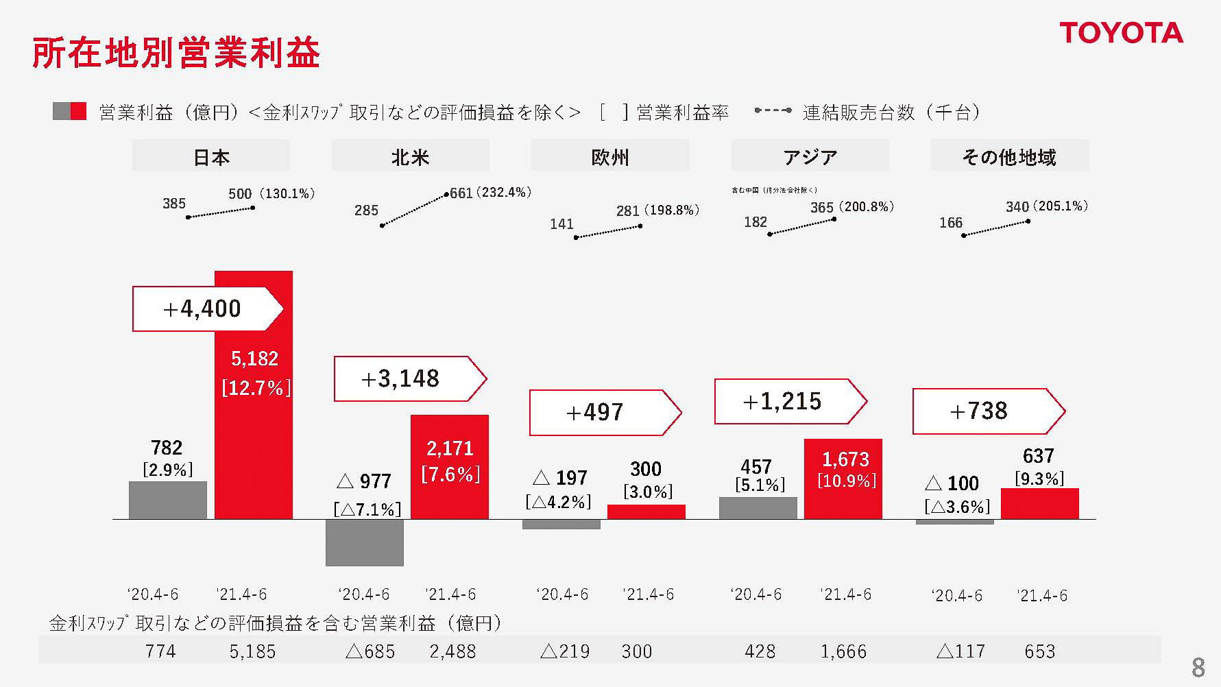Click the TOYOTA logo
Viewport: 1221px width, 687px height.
1121,33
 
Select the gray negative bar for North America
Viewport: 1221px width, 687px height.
364,542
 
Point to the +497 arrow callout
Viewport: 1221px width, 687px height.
604,412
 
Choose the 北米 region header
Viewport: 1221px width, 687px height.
410,157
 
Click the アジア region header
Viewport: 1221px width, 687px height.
810,157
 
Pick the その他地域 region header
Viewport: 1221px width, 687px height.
1008,157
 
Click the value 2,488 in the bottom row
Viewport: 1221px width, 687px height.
452,651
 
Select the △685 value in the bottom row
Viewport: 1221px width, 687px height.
371,651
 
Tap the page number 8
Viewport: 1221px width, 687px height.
1198,667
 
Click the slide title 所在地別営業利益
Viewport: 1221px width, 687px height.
176,53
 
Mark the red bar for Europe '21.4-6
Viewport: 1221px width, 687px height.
646,511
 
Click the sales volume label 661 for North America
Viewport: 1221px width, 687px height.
461,193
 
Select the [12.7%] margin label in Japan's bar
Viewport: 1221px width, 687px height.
256,388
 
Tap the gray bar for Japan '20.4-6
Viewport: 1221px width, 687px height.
167,500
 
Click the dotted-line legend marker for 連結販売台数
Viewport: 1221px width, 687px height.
773,110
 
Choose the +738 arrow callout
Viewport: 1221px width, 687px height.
987,411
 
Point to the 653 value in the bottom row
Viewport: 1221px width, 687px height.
1039,651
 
